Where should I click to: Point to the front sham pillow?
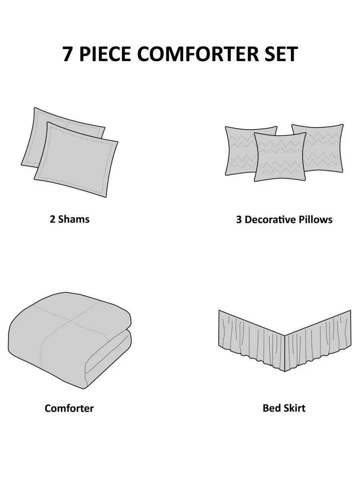pos(76,160)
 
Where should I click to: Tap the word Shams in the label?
pos(74,219)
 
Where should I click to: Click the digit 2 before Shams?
pos(52,219)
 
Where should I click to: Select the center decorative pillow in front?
pos(280,157)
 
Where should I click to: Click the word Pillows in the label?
pos(316,220)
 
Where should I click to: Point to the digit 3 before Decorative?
pos(239,220)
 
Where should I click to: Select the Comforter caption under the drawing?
pos(69,408)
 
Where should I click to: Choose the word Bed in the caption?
pos(271,408)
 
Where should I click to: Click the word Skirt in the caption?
pos(293,408)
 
